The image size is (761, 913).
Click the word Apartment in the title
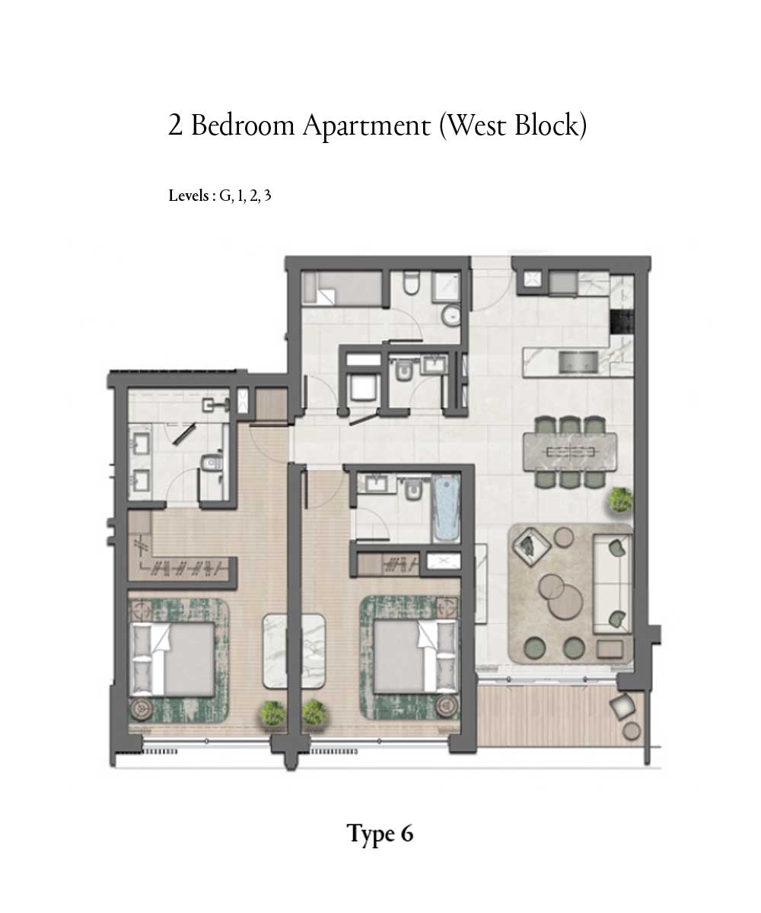tap(366, 126)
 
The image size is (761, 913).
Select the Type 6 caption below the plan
tap(380, 833)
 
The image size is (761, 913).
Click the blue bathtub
tap(446, 507)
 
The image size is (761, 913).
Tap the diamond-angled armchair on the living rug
tap(530, 546)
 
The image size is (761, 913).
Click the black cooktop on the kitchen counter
tap(622, 321)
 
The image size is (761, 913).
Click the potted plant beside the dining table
tap(620, 501)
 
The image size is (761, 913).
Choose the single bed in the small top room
tap(340, 290)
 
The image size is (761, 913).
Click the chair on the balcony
tap(623, 706)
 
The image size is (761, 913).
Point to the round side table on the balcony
tap(631, 731)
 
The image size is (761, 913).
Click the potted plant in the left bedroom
tap(272, 713)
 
